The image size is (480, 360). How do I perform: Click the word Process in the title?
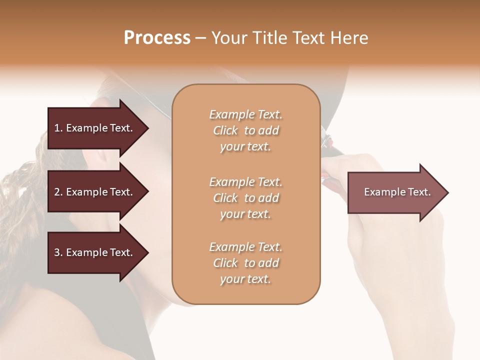click(x=157, y=37)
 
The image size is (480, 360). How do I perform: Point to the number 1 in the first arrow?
click(x=57, y=128)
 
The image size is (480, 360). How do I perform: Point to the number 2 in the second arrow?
click(x=57, y=192)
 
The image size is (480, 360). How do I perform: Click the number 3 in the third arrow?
click(x=57, y=252)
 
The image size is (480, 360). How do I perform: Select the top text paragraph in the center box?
click(x=245, y=130)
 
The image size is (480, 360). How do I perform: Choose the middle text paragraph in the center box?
click(x=245, y=198)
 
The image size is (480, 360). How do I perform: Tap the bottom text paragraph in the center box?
click(x=245, y=263)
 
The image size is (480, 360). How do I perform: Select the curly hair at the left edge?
click(x=20, y=210)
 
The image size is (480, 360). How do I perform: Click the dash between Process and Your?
click(x=201, y=38)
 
